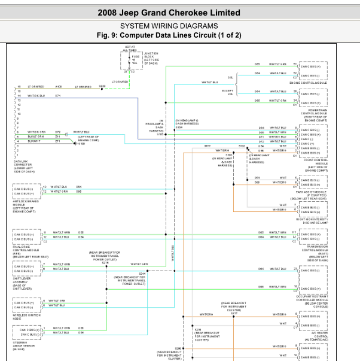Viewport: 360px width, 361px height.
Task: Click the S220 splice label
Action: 102,86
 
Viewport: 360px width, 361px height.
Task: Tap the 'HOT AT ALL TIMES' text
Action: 130,48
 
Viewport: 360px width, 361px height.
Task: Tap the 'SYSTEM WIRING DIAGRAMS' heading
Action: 169,26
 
